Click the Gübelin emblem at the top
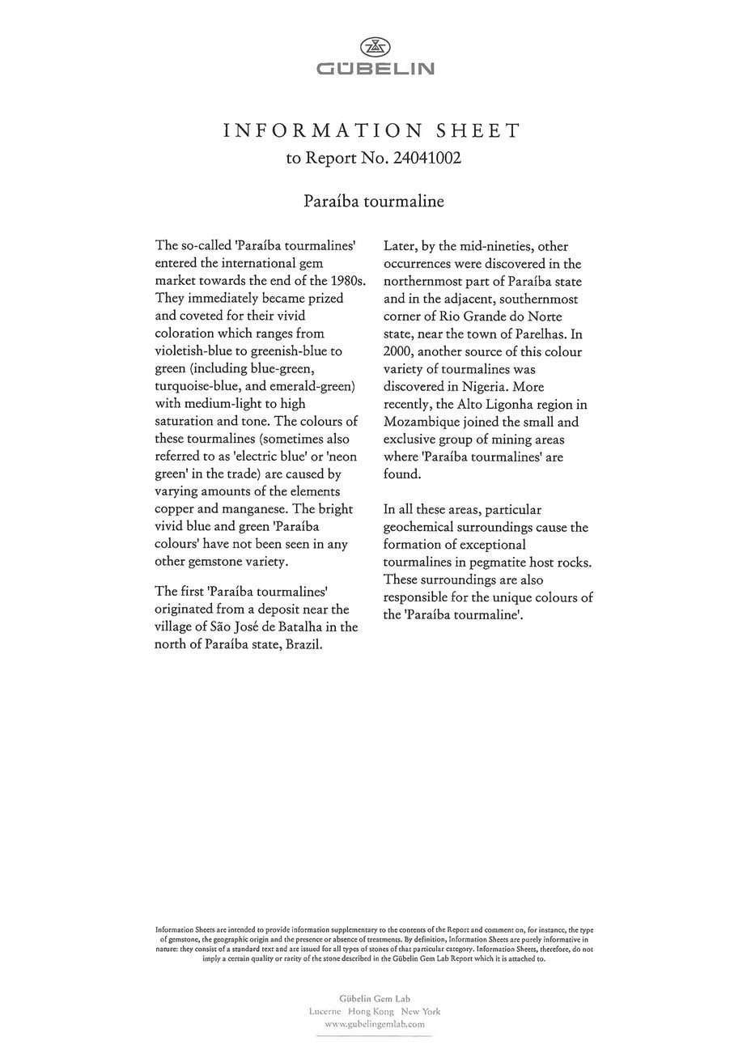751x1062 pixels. pos(375,47)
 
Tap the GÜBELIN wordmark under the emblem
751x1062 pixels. pos(375,70)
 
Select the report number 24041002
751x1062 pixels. pos(427,158)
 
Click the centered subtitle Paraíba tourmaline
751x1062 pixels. pos(374,201)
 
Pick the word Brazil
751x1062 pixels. pos(303,644)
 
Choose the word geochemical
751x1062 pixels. pos(424,527)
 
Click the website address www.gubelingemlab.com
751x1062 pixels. pos(375,1024)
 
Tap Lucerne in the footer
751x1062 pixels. pos(327,1011)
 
